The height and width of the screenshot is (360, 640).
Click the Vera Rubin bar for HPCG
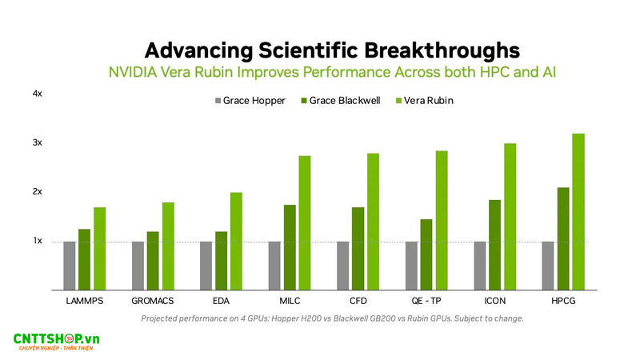point(578,211)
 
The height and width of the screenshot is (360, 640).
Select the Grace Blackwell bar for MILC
point(290,247)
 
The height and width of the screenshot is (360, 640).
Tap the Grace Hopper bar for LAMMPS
point(70,265)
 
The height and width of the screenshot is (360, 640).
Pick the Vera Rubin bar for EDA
point(236,241)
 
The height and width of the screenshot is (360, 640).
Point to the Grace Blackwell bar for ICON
point(495,245)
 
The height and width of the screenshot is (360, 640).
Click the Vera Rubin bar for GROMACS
point(168,246)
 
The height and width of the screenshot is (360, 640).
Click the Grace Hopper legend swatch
point(217,101)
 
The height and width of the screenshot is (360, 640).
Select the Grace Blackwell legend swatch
point(304,101)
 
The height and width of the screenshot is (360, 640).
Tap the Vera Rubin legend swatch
point(399,101)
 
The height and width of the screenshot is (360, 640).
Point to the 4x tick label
point(37,94)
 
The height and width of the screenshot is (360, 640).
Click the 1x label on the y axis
point(37,241)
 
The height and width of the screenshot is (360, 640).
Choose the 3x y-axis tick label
point(37,142)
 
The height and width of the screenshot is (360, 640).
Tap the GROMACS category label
point(153,301)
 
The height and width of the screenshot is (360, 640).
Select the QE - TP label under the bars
point(426,301)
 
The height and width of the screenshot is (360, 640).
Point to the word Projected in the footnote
point(162,318)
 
